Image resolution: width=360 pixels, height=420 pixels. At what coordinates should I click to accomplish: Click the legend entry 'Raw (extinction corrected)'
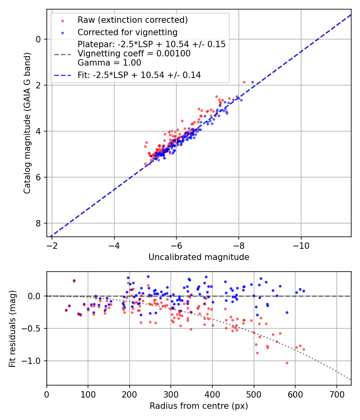(132, 20)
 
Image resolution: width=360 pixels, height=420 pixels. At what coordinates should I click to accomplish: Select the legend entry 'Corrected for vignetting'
(127, 32)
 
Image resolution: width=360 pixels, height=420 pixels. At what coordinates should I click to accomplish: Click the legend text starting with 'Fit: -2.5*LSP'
(139, 75)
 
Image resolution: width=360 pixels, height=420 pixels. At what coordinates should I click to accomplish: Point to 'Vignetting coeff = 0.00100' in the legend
(134, 54)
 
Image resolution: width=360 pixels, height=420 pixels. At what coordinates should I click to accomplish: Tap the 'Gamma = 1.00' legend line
(109, 63)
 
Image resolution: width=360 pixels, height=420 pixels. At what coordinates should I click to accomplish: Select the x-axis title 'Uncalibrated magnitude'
(199, 257)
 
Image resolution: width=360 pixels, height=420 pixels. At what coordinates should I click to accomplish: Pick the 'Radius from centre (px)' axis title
(199, 406)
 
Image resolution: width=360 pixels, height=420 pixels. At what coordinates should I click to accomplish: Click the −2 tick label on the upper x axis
(52, 245)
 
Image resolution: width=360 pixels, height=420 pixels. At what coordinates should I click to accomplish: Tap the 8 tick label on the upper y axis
(38, 223)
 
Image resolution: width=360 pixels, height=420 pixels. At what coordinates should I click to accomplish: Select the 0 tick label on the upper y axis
(38, 39)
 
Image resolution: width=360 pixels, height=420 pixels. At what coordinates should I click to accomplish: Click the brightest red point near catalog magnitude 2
(244, 82)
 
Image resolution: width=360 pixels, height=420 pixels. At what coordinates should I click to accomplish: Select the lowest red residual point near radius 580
(287, 363)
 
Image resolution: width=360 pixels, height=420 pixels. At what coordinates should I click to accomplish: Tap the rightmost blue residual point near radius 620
(304, 291)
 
